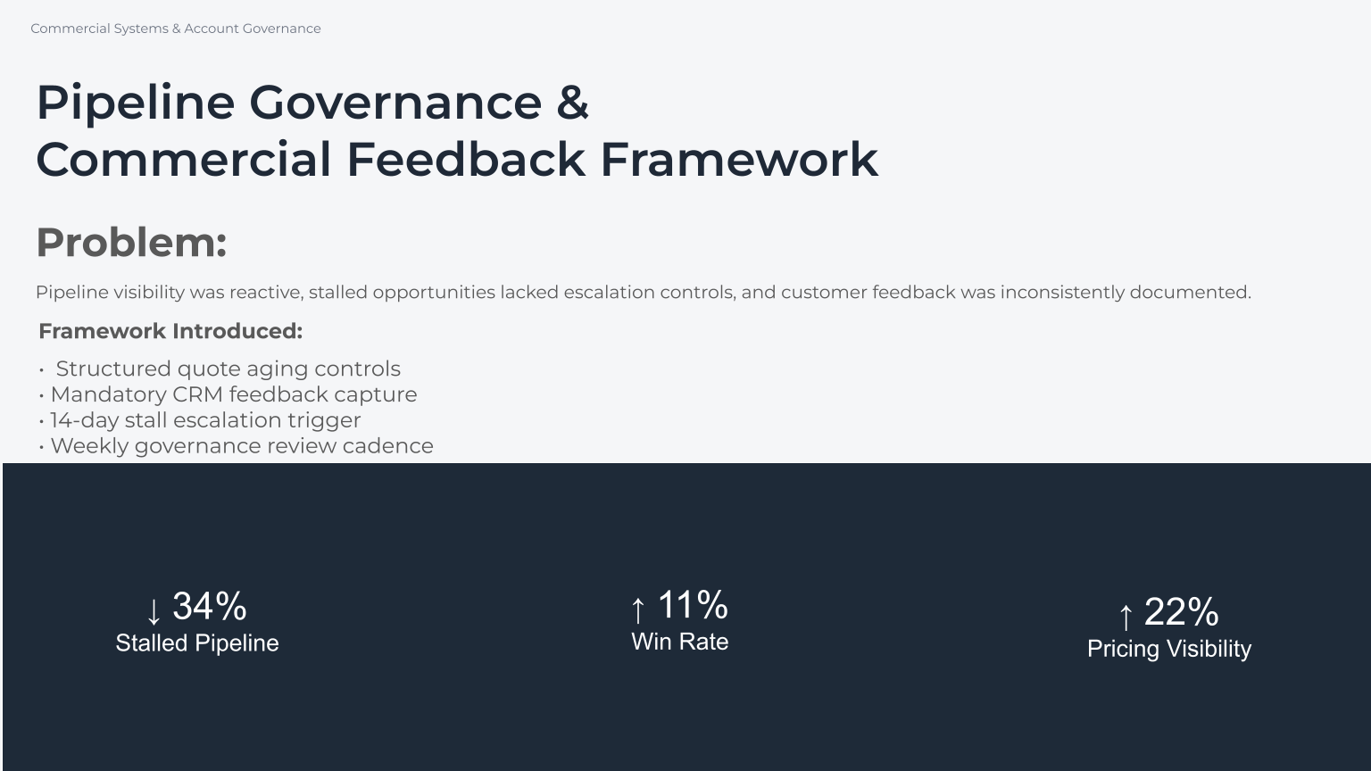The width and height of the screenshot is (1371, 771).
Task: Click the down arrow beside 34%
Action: click(154, 611)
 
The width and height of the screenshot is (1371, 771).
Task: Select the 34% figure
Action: click(210, 607)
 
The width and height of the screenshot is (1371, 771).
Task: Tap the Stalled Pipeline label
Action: click(197, 643)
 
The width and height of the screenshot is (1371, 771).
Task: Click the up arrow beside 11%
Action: click(637, 609)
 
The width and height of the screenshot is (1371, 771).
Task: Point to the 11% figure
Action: click(693, 605)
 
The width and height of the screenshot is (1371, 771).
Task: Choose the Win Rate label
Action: click(679, 642)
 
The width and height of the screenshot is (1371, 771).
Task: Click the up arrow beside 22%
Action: click(1126, 616)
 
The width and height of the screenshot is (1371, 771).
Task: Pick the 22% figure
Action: click(1181, 612)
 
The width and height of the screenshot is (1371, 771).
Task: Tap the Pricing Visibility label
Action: click(1168, 649)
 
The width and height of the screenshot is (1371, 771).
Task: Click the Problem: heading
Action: click(131, 243)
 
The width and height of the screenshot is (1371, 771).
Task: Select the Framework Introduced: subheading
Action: click(170, 331)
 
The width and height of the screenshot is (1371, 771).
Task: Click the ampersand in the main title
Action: click(572, 102)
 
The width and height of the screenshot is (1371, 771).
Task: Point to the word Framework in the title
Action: click(739, 160)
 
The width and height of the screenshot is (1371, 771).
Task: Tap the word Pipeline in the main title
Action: click(135, 102)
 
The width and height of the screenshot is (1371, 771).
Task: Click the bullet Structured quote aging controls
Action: click(228, 369)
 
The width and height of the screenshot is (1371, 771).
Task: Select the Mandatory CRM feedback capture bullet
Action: click(233, 394)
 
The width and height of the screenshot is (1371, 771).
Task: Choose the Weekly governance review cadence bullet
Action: click(241, 446)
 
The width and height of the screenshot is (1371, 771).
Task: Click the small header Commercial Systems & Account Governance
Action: click(176, 29)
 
